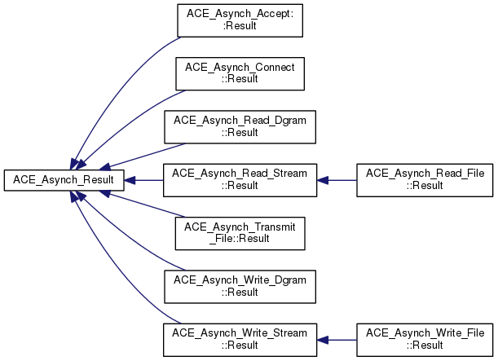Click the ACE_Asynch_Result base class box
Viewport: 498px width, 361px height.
[x=64, y=180]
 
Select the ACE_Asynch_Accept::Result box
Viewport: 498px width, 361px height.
[x=240, y=20]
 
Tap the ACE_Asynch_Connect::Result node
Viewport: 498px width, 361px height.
[x=240, y=73]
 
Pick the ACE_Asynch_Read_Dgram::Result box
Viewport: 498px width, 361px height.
[x=240, y=127]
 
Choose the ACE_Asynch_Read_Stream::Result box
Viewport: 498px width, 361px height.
[x=240, y=180]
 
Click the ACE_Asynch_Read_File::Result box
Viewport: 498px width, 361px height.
[x=425, y=180]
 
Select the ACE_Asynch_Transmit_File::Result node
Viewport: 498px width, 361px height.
[x=240, y=233]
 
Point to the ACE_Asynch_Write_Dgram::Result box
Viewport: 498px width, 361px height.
[x=240, y=287]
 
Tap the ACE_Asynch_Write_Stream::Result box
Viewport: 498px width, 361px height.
[x=240, y=340]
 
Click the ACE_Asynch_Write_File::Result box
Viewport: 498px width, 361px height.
[x=425, y=340]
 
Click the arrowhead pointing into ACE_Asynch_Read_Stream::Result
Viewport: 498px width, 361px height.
[x=323, y=180]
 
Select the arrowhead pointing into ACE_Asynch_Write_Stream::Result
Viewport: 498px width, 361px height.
[x=323, y=340]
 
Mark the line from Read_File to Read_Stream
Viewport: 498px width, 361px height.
[x=342, y=180]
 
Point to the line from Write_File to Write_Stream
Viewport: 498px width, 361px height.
[x=342, y=340]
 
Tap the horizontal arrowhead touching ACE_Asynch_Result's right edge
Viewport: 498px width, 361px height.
[x=130, y=180]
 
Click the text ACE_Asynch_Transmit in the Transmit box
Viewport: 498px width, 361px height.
[x=240, y=227]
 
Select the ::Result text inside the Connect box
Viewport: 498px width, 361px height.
[x=240, y=79]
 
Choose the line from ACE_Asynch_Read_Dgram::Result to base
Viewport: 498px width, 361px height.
[x=147, y=156]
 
